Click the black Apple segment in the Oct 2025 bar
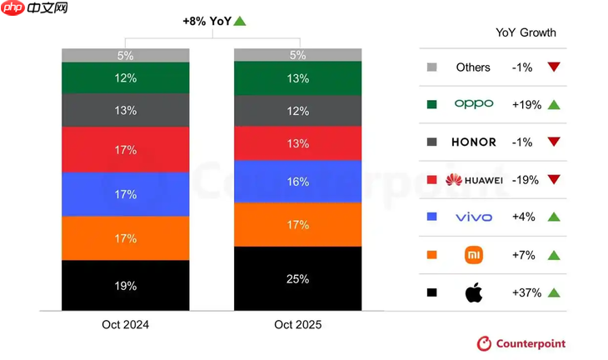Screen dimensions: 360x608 297,278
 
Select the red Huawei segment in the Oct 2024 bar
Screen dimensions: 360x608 126,150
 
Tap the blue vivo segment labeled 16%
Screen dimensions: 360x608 297,182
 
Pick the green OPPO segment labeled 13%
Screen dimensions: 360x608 297,78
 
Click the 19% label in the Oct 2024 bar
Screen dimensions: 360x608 126,286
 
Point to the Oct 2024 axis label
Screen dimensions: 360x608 126,324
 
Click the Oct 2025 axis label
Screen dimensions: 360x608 297,324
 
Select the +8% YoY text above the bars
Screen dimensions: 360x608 206,21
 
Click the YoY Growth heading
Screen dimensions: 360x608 526,32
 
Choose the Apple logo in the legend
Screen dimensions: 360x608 474,292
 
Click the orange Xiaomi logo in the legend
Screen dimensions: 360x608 474,255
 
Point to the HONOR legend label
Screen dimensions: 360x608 474,142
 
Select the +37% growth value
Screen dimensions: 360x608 526,292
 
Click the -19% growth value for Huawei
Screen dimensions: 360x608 526,180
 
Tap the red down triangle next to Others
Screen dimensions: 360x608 554,67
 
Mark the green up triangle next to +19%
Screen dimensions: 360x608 554,105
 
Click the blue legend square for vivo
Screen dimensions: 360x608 431,217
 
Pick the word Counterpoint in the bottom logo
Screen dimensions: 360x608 531,343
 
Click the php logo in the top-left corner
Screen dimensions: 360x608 12,8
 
